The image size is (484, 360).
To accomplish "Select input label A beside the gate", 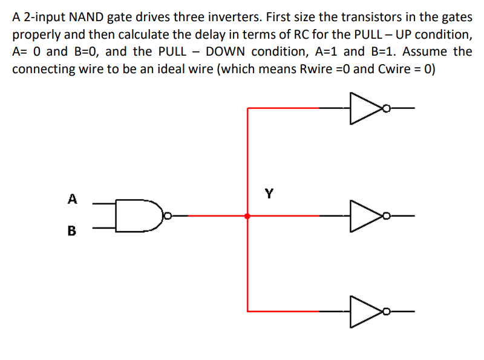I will [73, 198].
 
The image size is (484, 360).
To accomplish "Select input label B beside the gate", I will [73, 231].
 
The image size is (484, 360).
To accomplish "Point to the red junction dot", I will [247, 215].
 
